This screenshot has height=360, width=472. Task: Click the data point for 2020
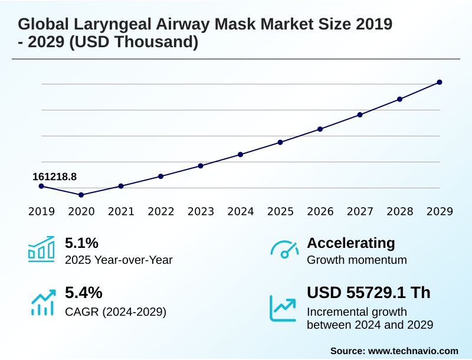click(81, 195)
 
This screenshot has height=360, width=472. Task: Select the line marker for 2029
click(440, 82)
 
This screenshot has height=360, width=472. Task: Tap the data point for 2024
click(241, 155)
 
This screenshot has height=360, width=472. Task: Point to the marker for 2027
click(360, 114)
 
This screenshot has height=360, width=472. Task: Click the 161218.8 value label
click(54, 176)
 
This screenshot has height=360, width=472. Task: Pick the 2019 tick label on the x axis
click(41, 211)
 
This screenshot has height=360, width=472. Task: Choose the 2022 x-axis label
click(161, 211)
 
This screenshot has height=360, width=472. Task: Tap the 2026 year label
click(320, 211)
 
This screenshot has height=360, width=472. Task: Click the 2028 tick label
click(400, 211)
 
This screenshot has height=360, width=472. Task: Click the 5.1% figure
click(81, 243)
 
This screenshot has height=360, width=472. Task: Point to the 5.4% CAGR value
click(83, 293)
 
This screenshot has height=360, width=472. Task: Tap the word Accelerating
click(351, 243)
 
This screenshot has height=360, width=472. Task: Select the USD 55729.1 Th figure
click(369, 293)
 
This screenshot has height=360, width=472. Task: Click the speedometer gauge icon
click(284, 248)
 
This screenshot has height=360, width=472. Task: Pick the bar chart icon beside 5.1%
click(41, 248)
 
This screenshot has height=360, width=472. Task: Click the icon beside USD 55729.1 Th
click(283, 307)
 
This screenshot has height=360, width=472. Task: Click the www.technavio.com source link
click(413, 351)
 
